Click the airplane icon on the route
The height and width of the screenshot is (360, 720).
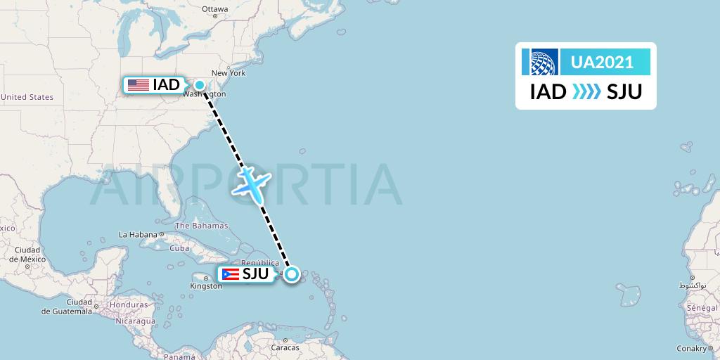point(251,183)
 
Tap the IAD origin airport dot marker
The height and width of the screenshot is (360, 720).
point(200,86)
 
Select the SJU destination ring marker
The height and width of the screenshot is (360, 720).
point(292,274)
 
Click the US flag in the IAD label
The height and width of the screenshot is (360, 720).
point(139,85)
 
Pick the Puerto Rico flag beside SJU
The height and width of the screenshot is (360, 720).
point(230,274)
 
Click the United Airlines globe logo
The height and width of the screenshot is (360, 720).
point(540,62)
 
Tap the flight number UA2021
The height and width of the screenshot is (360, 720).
point(602,62)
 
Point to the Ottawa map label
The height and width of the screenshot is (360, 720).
point(215,9)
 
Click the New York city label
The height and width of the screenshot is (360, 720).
point(228,72)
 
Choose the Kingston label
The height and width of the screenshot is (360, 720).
point(206,285)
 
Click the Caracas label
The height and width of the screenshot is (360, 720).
point(285,347)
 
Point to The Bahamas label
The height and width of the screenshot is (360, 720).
point(201,226)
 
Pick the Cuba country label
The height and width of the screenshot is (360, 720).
point(180,248)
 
